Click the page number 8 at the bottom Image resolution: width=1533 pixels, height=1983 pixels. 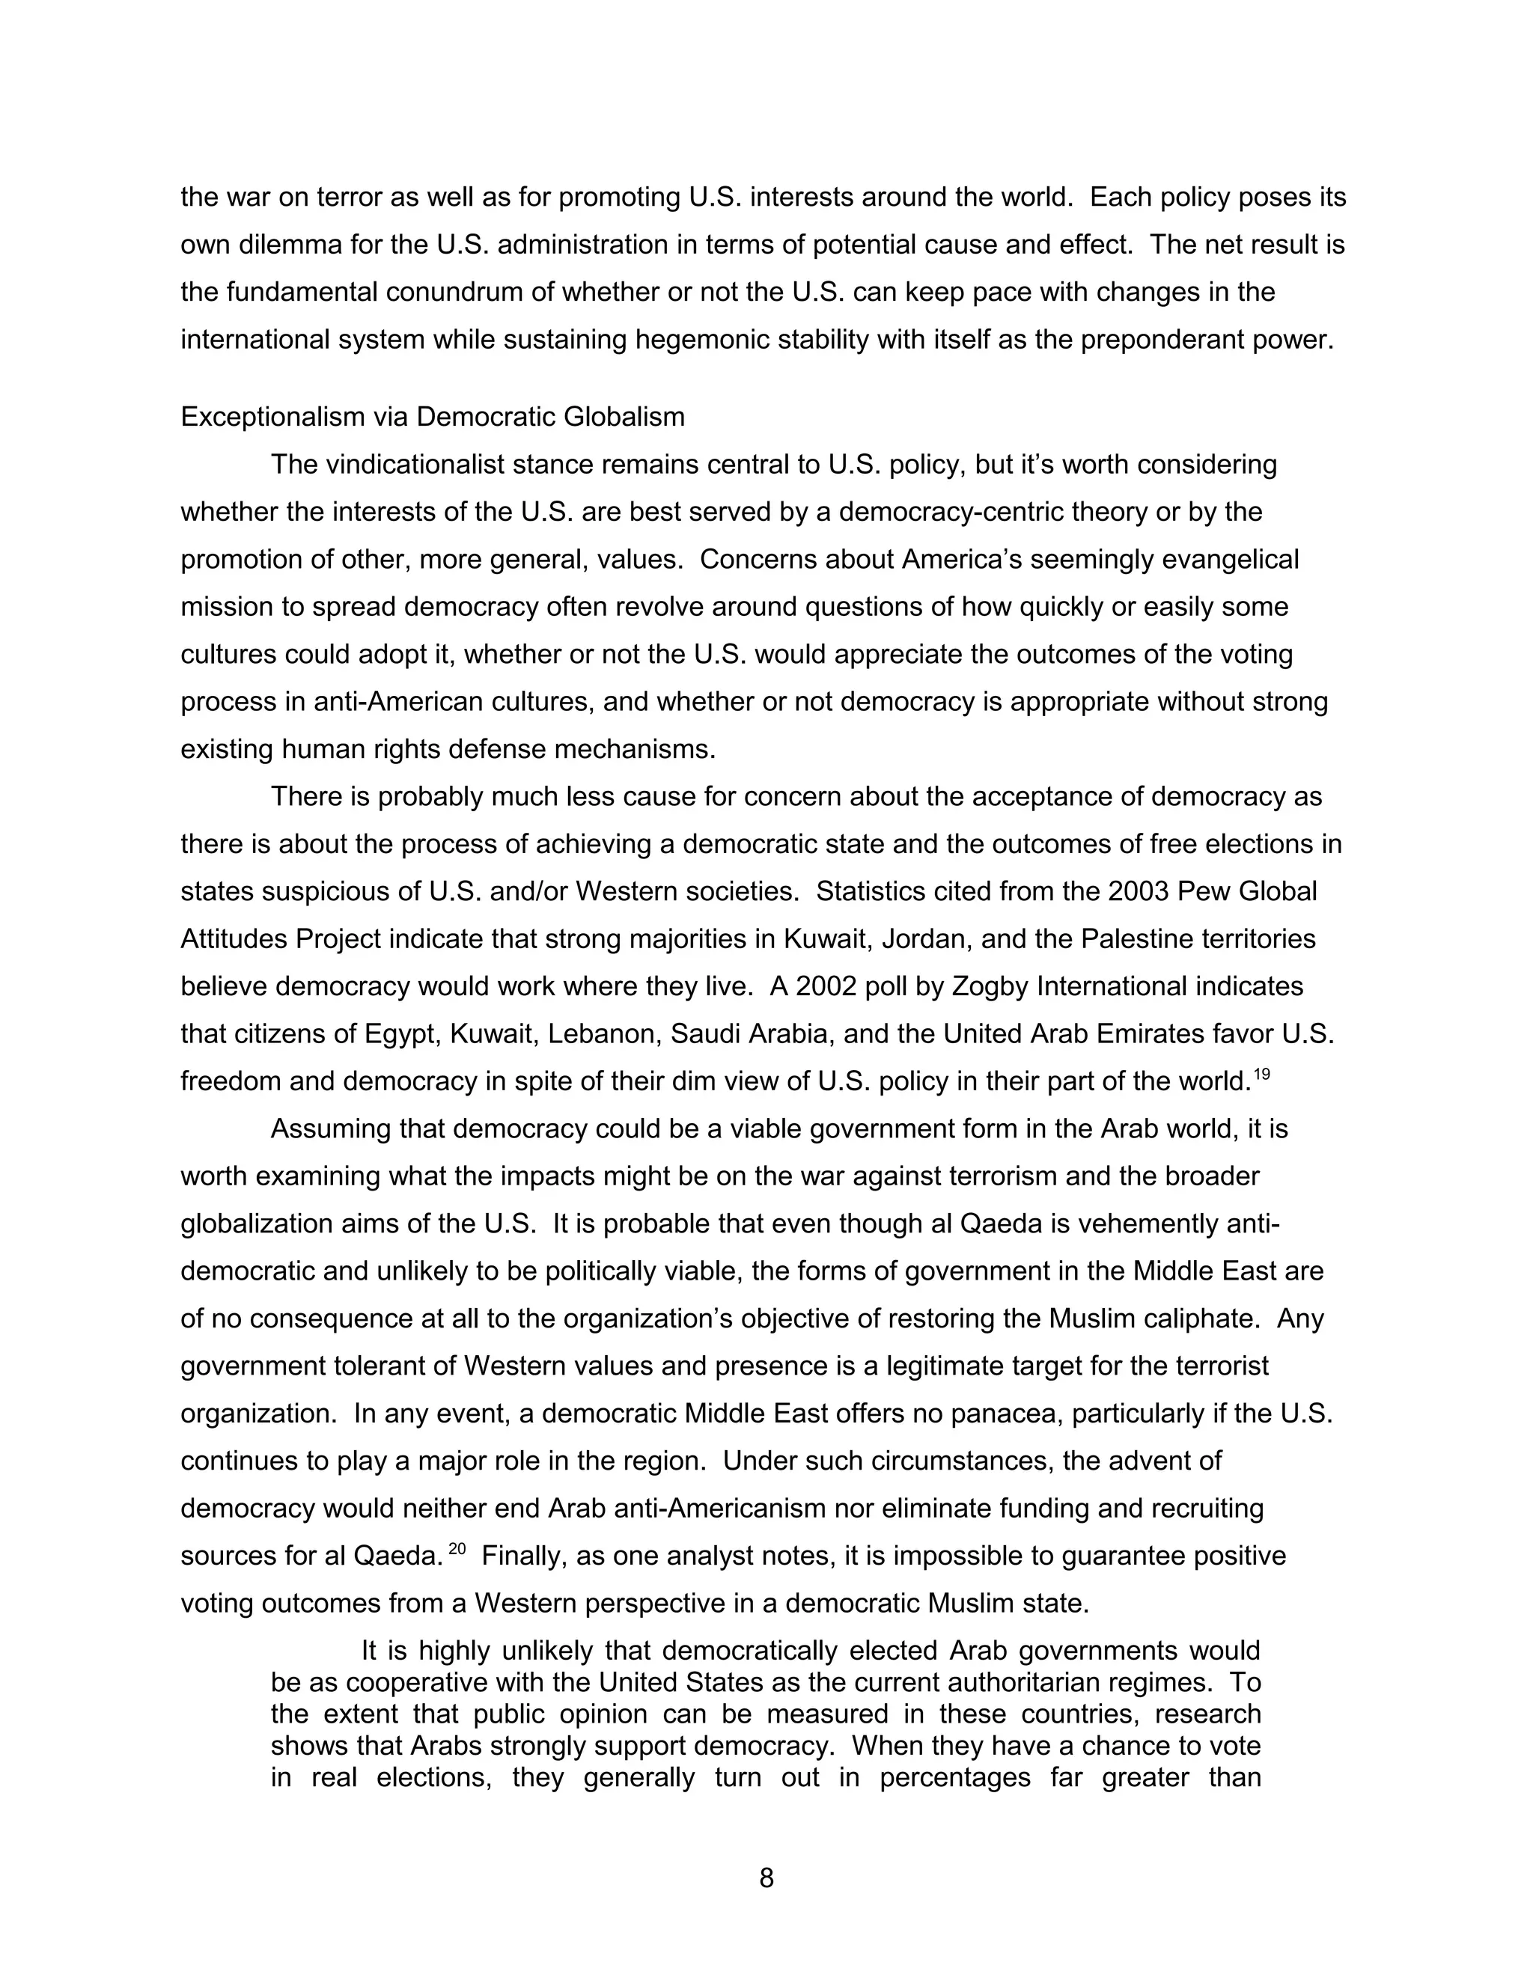(766, 1877)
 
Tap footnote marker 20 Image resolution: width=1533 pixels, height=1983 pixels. (457, 1549)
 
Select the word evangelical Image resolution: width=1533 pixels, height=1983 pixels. (1230, 559)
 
